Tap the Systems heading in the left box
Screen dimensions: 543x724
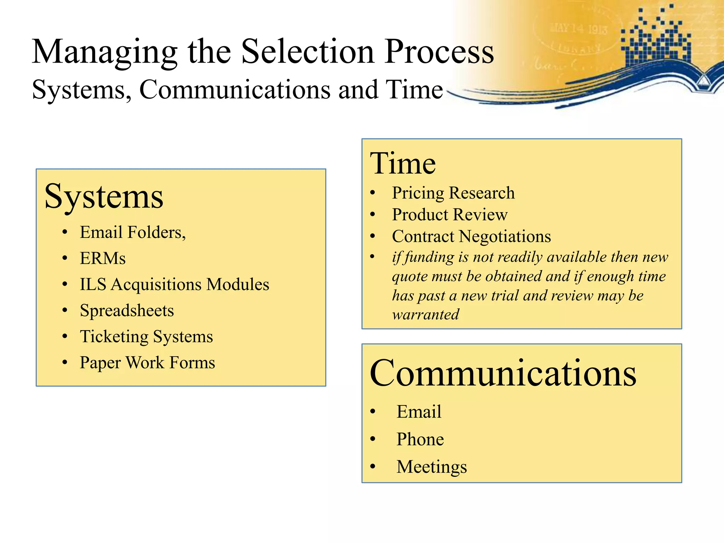point(104,197)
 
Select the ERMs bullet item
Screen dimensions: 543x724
point(103,258)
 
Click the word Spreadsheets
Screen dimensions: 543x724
point(127,311)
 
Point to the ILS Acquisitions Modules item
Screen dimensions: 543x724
point(174,285)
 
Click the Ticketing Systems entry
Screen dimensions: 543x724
point(146,337)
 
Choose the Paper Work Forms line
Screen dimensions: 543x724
point(147,363)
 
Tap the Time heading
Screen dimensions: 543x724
point(403,164)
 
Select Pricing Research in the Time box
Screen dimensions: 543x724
point(453,193)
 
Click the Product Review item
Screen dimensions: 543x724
point(449,215)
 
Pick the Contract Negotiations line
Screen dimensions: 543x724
point(471,237)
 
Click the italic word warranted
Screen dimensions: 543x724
point(426,315)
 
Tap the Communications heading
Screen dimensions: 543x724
point(503,374)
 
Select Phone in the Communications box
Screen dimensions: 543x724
point(420,439)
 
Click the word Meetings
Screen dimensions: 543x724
point(431,467)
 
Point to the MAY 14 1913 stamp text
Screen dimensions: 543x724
point(578,29)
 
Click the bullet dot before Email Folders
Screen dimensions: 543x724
point(64,233)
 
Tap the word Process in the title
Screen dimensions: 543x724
point(439,52)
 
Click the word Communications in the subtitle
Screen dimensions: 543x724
point(235,90)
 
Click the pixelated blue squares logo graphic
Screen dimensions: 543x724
point(656,39)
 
